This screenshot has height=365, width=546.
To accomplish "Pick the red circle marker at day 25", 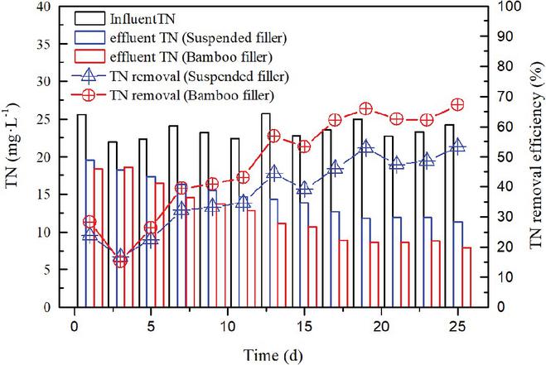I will coord(457,104).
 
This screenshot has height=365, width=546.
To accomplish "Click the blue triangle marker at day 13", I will coord(274,174).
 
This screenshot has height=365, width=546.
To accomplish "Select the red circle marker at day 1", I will coord(89,222).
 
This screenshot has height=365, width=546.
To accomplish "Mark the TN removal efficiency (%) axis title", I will coord(534,156).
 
